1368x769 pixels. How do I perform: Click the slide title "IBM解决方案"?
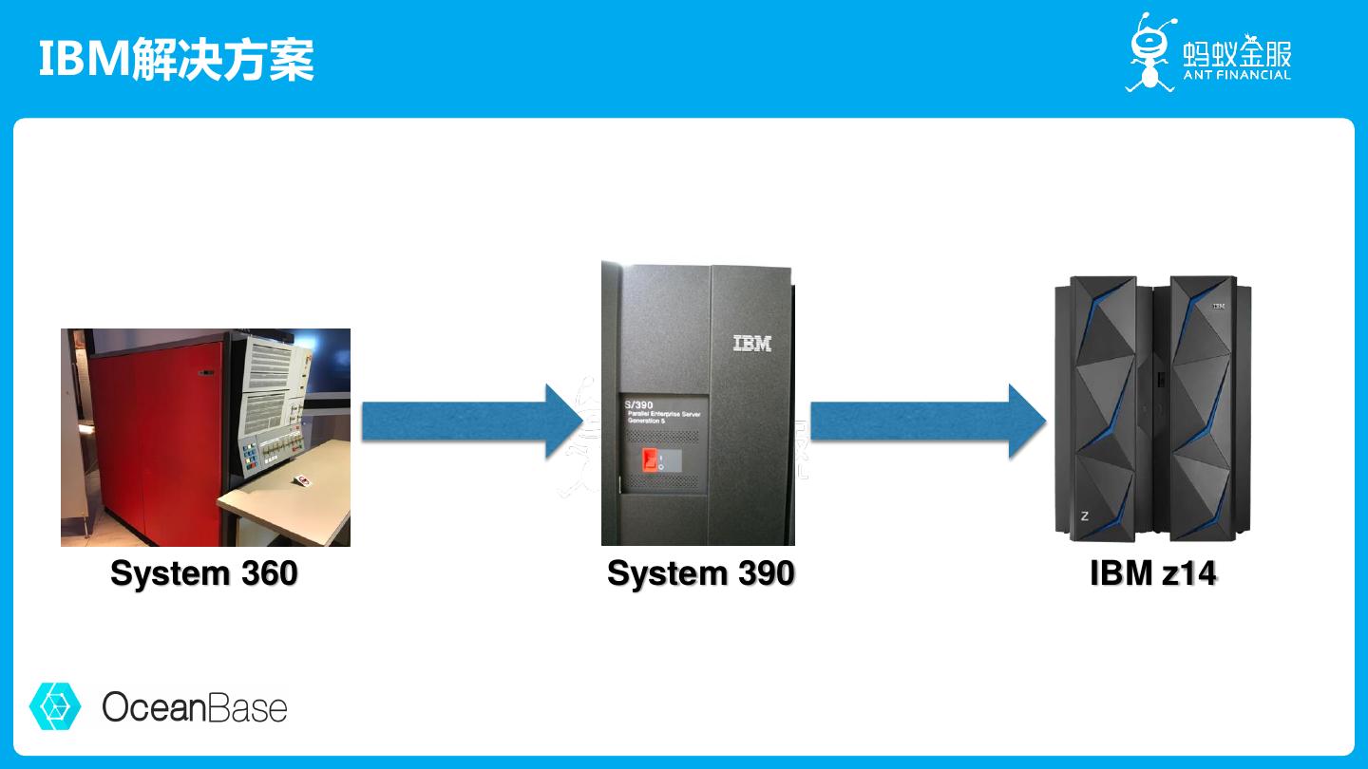(x=177, y=59)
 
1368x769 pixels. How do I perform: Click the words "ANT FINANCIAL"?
(x=1237, y=75)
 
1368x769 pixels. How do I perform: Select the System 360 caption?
(x=204, y=573)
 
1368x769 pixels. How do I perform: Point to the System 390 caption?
(x=701, y=573)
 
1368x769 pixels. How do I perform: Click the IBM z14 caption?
(x=1153, y=573)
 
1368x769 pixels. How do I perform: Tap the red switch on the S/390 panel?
(x=651, y=459)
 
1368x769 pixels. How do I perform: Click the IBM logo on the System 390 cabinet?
(x=752, y=343)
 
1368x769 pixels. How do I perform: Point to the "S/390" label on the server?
(x=640, y=405)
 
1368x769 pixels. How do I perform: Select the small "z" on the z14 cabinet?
(x=1085, y=516)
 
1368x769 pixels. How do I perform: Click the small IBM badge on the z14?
(x=1218, y=306)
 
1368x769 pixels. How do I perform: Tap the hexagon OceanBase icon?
(x=56, y=706)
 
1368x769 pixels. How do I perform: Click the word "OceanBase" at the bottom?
(x=195, y=707)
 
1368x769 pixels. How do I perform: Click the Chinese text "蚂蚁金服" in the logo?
(x=1237, y=51)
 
